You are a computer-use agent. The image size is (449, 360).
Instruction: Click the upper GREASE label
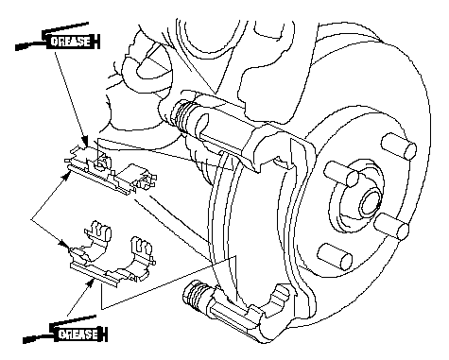click(71, 42)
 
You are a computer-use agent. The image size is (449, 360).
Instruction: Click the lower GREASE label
click(78, 334)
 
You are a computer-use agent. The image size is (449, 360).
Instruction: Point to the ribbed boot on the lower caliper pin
click(195, 297)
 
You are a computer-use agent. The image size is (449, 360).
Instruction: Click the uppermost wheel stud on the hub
click(398, 146)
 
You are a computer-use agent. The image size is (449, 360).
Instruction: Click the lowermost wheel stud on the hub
click(335, 257)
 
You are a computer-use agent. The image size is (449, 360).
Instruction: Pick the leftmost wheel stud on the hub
click(341, 174)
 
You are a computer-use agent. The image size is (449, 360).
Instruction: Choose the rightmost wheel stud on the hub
click(391, 226)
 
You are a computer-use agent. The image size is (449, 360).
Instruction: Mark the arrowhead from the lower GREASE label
click(91, 282)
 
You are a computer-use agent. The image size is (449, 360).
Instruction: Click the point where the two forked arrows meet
click(31, 218)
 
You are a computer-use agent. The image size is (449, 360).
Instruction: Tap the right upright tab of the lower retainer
click(143, 249)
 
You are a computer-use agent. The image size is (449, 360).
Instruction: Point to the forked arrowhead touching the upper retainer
click(66, 174)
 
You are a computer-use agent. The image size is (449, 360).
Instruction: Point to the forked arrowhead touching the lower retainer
click(65, 244)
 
